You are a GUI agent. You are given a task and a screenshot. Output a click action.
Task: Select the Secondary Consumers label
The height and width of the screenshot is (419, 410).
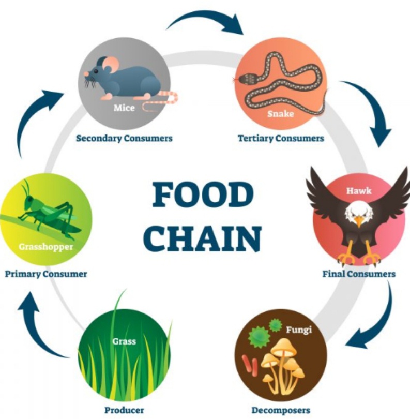124,138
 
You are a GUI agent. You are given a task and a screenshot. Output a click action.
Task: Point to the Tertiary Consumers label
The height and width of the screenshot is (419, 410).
281,138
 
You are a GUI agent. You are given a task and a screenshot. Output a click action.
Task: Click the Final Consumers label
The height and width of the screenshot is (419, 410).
359,274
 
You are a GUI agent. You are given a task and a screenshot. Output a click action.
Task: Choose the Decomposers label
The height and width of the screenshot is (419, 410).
281,411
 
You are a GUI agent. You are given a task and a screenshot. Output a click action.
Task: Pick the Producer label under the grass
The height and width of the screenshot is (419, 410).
124,411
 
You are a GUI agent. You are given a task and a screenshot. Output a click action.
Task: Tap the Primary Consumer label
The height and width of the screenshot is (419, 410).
46,274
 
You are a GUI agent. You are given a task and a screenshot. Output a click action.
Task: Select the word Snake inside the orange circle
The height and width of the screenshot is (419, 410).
280,113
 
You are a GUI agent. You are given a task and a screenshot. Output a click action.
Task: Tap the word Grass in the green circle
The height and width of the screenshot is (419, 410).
124,341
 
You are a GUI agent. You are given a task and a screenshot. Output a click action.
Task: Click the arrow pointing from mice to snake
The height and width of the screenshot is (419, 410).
207,20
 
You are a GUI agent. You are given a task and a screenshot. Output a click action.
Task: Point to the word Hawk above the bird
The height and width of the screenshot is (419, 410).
358,191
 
